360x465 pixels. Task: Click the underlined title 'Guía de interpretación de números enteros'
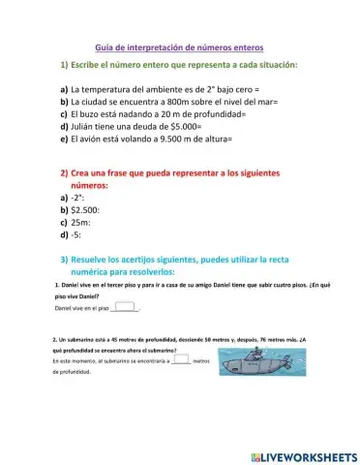click(x=179, y=46)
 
